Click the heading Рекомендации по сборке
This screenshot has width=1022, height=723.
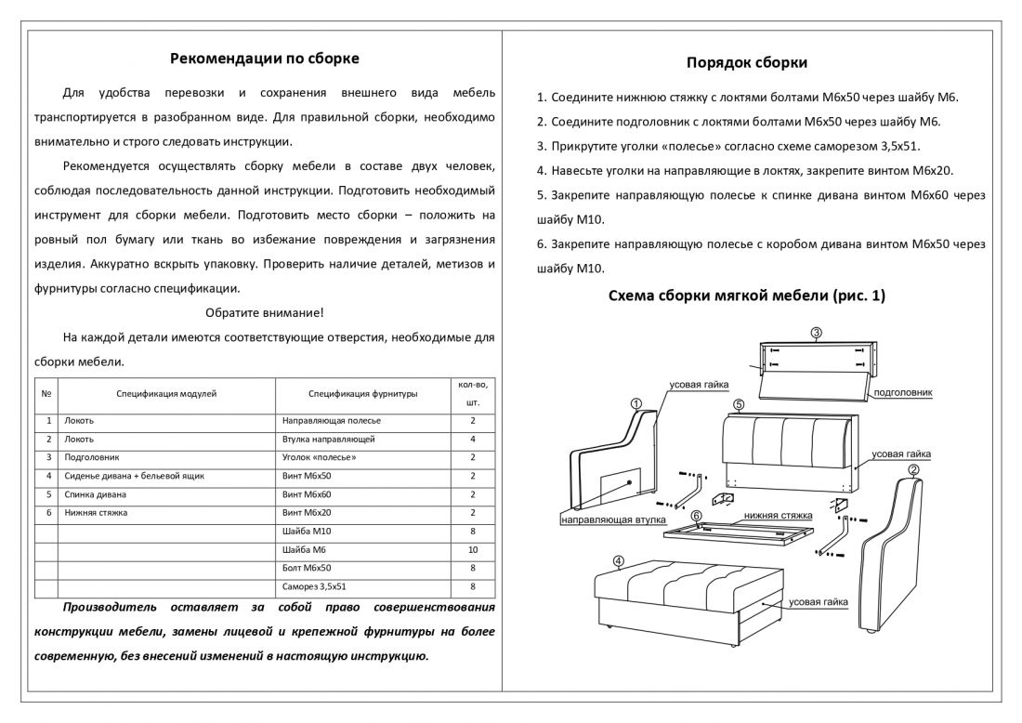pos(265,59)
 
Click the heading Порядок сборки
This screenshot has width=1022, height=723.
pos(746,62)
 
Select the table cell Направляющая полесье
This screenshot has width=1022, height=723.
pos(332,421)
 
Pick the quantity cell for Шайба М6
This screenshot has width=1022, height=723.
pos(473,549)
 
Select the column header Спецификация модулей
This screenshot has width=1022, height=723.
pos(166,394)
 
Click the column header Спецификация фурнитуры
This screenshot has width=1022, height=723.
pos(362,394)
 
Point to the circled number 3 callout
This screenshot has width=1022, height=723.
pos(815,333)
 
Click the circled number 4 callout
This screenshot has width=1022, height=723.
pos(619,560)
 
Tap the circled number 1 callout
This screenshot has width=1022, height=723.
pos(635,403)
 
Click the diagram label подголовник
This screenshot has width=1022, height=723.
pos(903,393)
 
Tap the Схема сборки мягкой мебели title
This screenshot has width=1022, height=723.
pos(746,296)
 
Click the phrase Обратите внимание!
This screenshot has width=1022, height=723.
pos(265,312)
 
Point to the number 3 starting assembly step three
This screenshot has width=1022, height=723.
pos(541,146)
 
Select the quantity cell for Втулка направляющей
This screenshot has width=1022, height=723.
pos(473,439)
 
